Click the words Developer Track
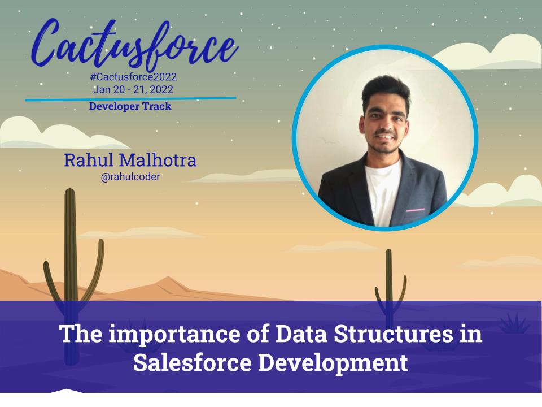[x=130, y=106]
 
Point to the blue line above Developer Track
[x=130, y=99]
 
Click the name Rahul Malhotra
[x=130, y=161]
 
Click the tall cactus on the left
[x=70, y=254]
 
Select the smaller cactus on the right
[x=389, y=283]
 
